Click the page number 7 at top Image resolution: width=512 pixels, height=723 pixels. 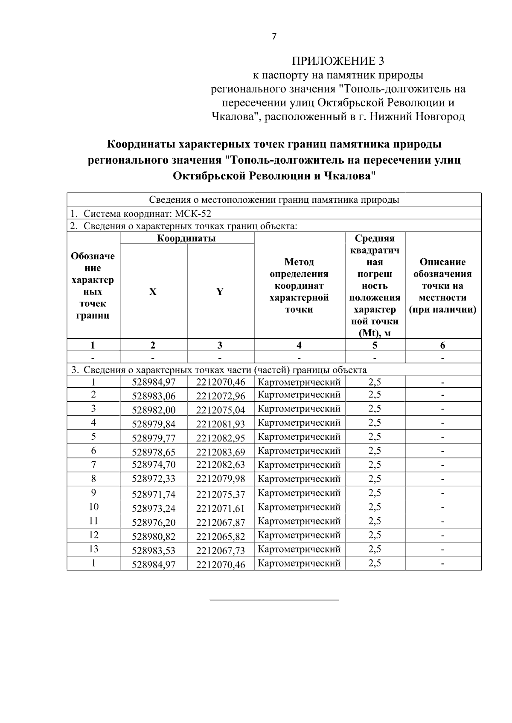(274, 37)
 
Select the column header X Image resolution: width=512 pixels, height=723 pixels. (153, 292)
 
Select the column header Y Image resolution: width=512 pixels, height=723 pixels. (220, 292)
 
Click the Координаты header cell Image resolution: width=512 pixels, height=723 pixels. (186, 238)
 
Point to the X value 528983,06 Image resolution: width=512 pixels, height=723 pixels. (154, 396)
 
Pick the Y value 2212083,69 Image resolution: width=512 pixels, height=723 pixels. (221, 452)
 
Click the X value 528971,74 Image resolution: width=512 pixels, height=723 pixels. (154, 495)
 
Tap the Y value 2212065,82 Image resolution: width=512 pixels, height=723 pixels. (221, 537)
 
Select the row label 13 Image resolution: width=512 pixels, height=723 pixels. (93, 549)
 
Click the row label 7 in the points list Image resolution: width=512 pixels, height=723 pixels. (93, 464)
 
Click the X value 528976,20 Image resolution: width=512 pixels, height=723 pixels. (154, 523)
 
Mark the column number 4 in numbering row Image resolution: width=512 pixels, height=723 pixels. (299, 346)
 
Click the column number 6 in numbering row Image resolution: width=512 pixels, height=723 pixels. (443, 346)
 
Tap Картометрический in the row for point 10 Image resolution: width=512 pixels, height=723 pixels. (300, 507)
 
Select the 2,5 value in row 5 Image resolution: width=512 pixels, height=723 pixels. (375, 437)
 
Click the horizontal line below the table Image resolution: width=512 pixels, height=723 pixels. (274, 600)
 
